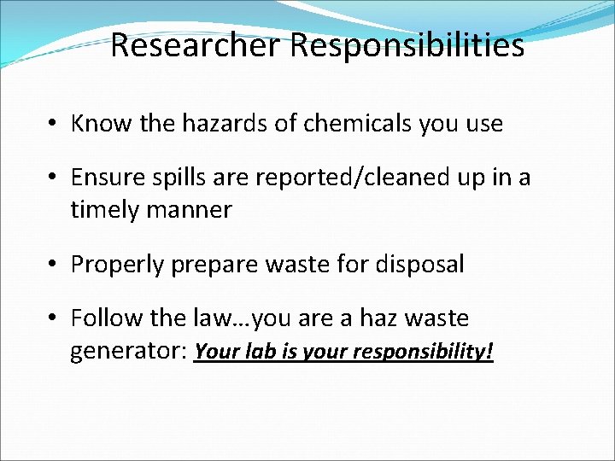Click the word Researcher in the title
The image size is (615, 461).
(x=196, y=45)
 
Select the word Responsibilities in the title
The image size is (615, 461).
(x=407, y=45)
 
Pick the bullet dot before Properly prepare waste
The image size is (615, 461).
(x=54, y=265)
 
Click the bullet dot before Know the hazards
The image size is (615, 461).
(x=54, y=124)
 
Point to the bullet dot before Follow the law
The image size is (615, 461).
(x=54, y=318)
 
